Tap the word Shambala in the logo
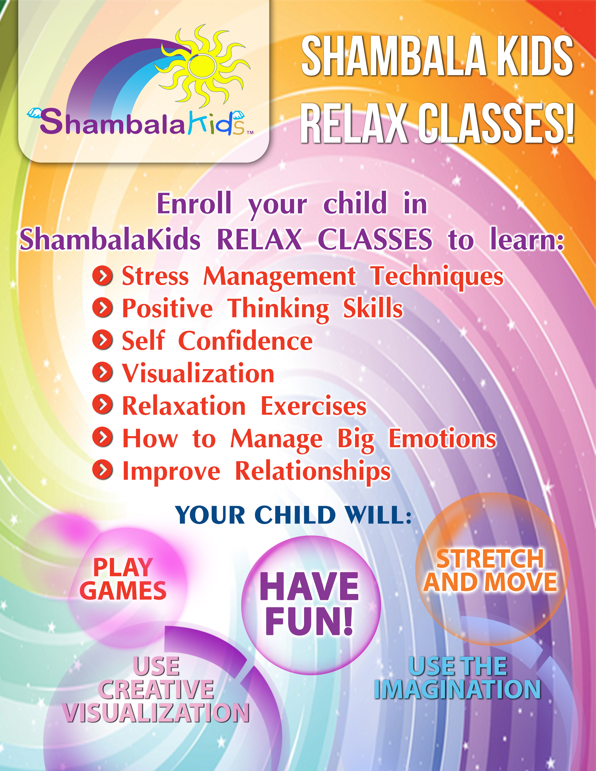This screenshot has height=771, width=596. pos(112,122)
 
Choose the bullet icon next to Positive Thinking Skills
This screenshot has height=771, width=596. pos(102,308)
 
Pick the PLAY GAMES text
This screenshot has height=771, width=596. pos(123,579)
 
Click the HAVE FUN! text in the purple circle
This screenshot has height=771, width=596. pos(310,604)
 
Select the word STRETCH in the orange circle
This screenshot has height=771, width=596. pos(490,559)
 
